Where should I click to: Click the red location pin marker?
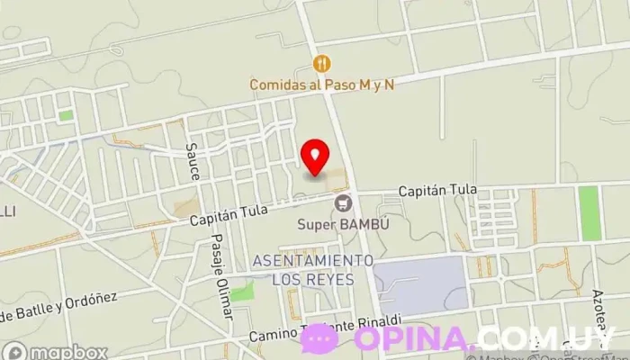pyautogui.click(x=315, y=157)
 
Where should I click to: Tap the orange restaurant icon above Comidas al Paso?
pyautogui.click(x=322, y=63)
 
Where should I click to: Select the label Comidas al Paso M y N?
pyautogui.click(x=323, y=83)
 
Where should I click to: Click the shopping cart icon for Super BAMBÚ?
pyautogui.click(x=342, y=204)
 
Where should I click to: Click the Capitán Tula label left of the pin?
pyautogui.click(x=226, y=216)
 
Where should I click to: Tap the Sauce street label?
pyautogui.click(x=192, y=159)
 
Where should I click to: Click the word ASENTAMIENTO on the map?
pyautogui.click(x=313, y=260)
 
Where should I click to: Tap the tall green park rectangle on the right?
pyautogui.click(x=589, y=212)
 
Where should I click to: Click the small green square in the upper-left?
pyautogui.click(x=65, y=114)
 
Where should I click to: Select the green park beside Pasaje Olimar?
pyautogui.click(x=241, y=292)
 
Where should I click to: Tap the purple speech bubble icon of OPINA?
pyautogui.click(x=319, y=338)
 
